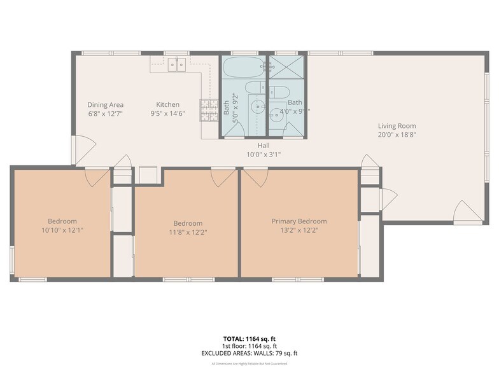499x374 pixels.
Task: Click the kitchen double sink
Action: tap(176, 64)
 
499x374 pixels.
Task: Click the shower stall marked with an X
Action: tap(286, 67)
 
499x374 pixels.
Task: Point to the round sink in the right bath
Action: tap(277, 115)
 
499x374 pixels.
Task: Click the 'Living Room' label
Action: tap(397, 126)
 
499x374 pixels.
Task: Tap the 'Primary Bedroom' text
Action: tap(299, 221)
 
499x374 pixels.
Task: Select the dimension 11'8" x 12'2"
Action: tap(188, 232)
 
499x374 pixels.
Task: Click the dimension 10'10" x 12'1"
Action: tap(62, 230)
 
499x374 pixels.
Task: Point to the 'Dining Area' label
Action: tap(105, 105)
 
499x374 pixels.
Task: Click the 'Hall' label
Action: tap(263, 146)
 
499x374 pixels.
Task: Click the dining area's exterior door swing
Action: tap(83, 149)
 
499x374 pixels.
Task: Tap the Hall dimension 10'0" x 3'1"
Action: tap(263, 154)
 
